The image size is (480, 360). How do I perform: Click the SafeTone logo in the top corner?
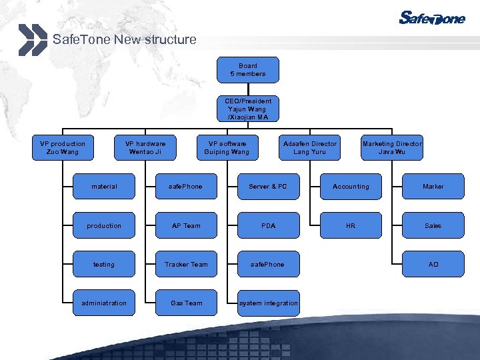tap(431, 18)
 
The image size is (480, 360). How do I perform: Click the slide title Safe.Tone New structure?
tap(124, 39)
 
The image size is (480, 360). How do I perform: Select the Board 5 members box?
tap(247, 70)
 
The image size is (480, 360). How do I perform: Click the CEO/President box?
tap(247, 109)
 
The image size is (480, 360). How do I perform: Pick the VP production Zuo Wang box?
tap(63, 147)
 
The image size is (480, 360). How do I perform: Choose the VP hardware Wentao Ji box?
tap(145, 147)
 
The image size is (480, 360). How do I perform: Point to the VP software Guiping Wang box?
tap(227, 147)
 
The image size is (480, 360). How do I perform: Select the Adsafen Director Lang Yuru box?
tap(310, 147)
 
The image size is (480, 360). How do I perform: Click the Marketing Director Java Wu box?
tap(392, 147)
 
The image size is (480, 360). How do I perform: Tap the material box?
tap(104, 187)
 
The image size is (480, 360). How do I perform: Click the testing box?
tap(104, 265)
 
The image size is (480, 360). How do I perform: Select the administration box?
tap(104, 303)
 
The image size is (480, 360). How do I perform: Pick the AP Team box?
tap(186, 226)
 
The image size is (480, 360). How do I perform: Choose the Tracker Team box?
tap(186, 265)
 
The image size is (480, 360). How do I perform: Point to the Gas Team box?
tap(186, 303)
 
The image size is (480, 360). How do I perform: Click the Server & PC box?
tap(268, 187)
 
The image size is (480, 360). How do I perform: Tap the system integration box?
tap(268, 303)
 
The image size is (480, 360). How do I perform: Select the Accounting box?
tap(351, 187)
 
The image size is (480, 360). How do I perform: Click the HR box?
tap(351, 226)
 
